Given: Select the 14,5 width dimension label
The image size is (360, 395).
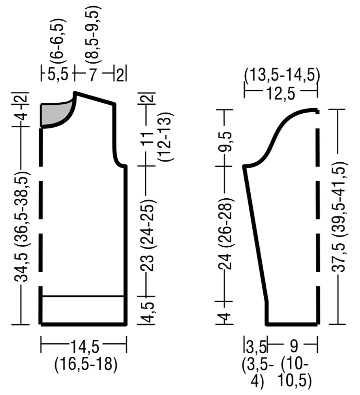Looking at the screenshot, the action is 85,347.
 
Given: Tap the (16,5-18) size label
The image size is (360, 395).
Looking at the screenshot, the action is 86,364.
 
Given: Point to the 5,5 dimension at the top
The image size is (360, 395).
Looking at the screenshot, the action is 58,75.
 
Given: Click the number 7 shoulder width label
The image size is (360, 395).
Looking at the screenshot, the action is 93,75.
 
